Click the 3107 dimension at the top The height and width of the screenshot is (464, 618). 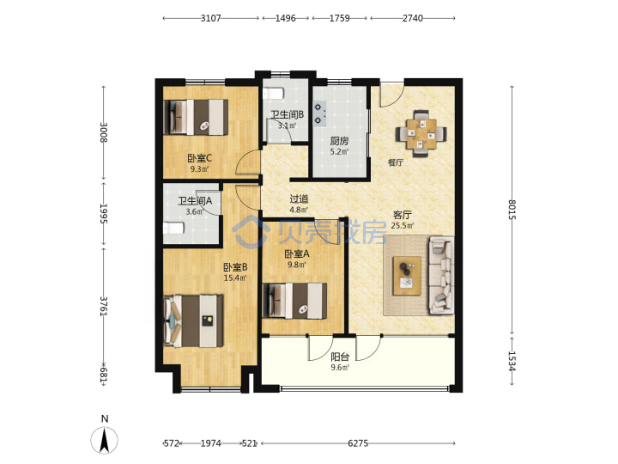coord(210,18)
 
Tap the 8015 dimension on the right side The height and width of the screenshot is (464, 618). coord(512,209)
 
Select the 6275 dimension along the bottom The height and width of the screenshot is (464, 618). coord(358,443)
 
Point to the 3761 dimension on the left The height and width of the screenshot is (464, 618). coord(104,306)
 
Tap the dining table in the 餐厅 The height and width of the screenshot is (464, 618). coord(421,134)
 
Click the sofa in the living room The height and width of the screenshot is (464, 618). coord(441,275)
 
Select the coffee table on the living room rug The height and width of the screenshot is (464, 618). coord(407,276)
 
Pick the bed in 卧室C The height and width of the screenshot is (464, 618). coord(196,117)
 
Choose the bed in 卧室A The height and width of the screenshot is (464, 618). coord(294,301)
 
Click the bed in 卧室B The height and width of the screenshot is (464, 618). coord(193,321)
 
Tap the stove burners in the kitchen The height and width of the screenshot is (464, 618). coord(319,113)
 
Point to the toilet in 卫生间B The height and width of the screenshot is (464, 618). coord(273,94)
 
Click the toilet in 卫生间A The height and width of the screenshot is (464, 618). coord(173,228)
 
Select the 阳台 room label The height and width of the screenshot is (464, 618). coord(339,357)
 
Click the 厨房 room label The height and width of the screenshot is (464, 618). coord(339,141)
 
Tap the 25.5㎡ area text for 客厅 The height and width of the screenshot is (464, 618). coord(403,226)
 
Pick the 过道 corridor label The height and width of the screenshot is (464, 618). coord(299,199)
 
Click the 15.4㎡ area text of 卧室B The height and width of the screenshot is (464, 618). coord(235,278)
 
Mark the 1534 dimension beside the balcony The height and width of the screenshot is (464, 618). coord(512,361)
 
